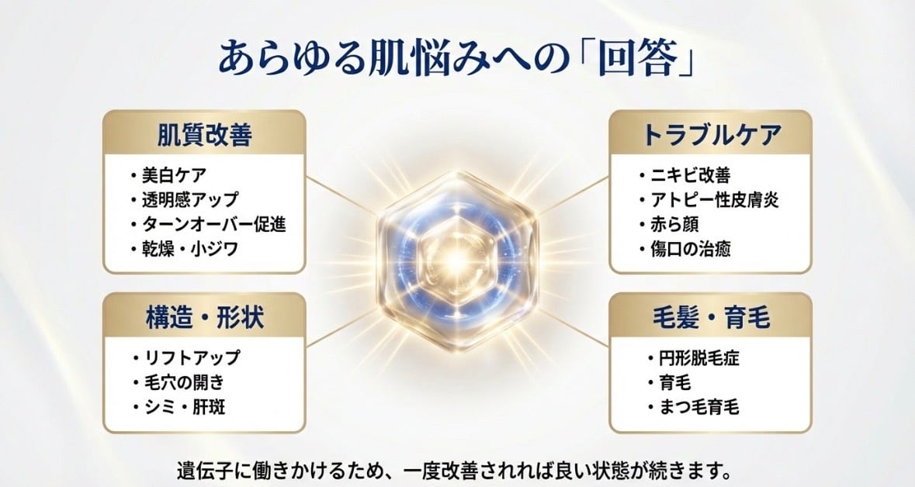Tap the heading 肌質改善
(204, 135)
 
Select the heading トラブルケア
(711, 135)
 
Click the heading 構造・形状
(204, 319)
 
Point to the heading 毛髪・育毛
(711, 318)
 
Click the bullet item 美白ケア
(174, 175)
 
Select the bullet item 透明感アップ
(190, 199)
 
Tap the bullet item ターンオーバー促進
(214, 224)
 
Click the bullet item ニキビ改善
(691, 175)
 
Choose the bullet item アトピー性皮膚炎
(714, 199)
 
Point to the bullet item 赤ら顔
(674, 224)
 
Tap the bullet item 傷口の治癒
(691, 249)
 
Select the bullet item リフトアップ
(192, 357)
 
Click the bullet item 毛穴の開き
(185, 382)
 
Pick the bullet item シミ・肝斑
(185, 406)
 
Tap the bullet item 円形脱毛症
(699, 357)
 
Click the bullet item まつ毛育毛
(699, 406)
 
